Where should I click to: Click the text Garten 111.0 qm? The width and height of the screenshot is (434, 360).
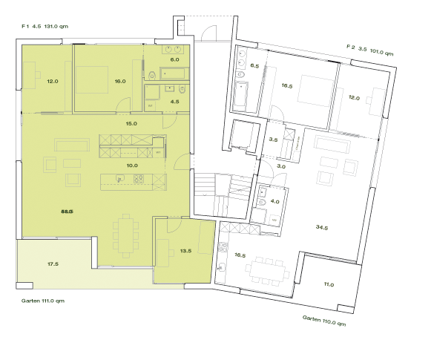pos(43,301)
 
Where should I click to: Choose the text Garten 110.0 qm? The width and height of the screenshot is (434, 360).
pos(324,321)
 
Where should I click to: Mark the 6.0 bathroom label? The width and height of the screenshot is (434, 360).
pos(175,59)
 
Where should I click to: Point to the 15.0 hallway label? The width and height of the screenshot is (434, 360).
pos(132,123)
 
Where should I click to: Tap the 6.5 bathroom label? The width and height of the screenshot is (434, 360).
pos(254,66)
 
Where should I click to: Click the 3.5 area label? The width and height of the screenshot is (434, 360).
pos(273,140)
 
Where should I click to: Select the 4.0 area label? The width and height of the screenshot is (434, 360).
pos(274,201)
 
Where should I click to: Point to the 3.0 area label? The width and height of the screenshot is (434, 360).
pos(281,167)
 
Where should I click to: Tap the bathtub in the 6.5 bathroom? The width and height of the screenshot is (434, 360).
pos(241,96)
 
